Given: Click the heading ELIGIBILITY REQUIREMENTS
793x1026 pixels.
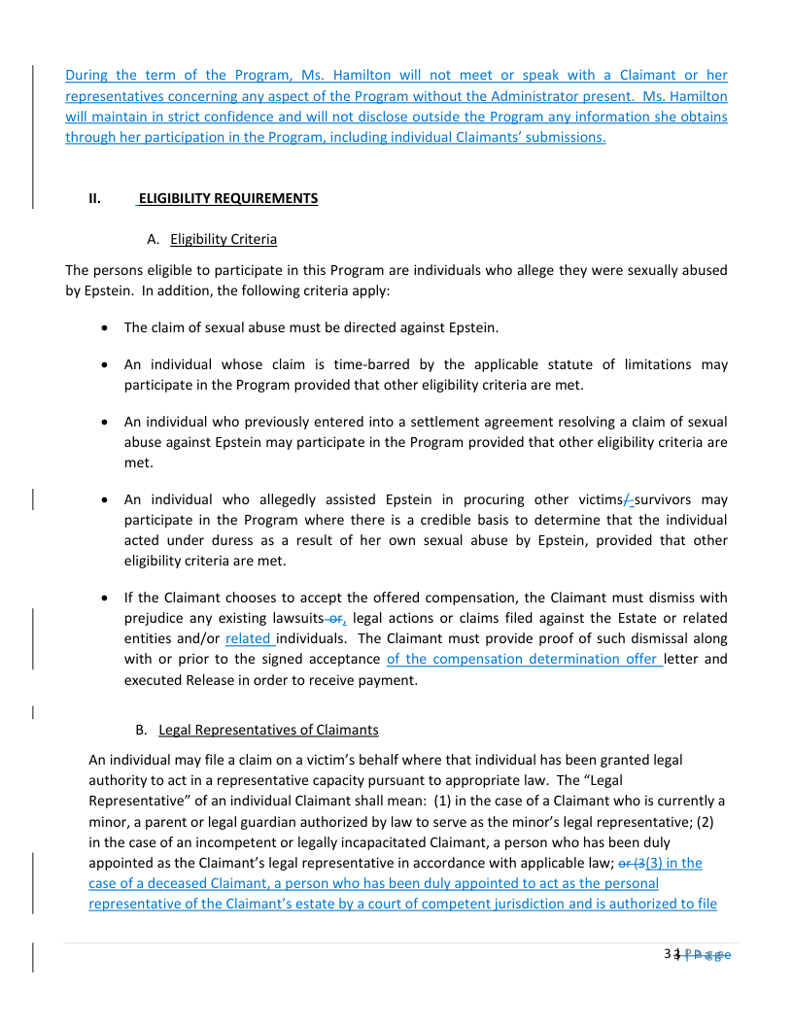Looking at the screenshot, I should click(228, 198).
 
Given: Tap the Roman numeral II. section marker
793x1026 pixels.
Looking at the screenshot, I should click(95, 198).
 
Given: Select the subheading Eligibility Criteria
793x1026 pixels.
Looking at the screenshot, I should click(224, 239).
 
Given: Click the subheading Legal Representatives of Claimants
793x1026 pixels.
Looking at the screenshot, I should click(268, 729).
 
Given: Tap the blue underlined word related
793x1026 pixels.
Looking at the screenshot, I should click(249, 638).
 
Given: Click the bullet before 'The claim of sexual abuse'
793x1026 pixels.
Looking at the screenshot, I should click(104, 327).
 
